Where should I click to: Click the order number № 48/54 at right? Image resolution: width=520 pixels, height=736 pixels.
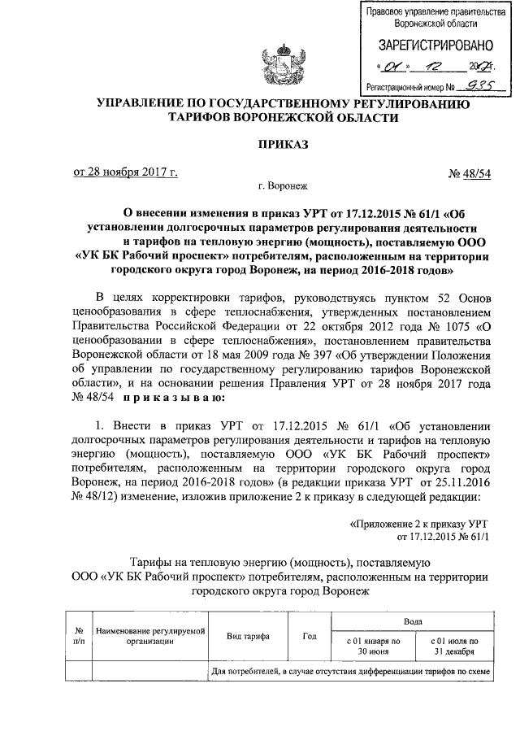468,172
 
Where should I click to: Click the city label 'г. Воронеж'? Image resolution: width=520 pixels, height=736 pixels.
284,188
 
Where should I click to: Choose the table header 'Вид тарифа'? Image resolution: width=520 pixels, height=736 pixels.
249,636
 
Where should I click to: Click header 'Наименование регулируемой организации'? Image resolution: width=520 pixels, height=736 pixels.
149,636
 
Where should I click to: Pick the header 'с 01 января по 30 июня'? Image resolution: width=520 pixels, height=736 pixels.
368,647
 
